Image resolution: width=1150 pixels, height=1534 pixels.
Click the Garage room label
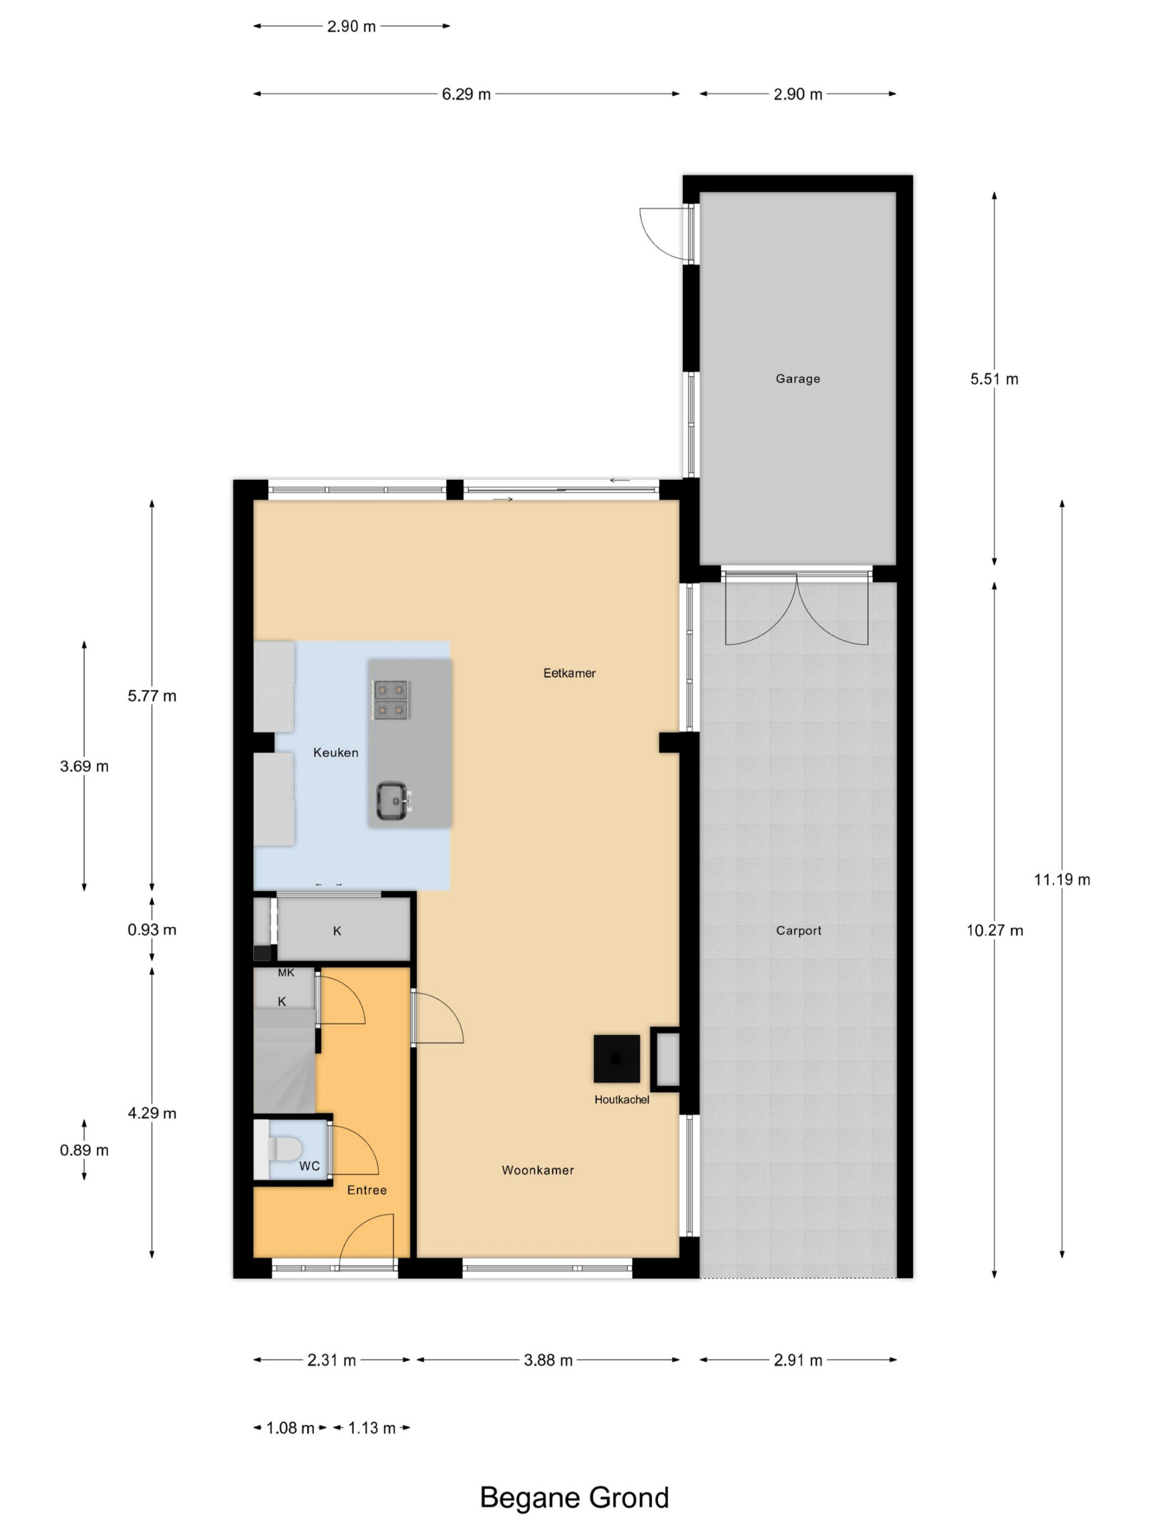[797, 379]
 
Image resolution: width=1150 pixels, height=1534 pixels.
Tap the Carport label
[798, 931]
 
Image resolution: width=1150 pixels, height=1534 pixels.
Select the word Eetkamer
[569, 673]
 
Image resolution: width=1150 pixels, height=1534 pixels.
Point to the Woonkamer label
[538, 1170]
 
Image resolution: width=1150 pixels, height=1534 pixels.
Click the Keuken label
[335, 753]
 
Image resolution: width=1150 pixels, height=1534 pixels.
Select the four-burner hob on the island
[391, 700]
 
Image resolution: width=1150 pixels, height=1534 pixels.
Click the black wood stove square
[616, 1058]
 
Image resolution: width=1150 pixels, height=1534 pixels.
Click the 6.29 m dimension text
[466, 94]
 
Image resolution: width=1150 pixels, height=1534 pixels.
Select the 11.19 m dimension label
[1062, 879]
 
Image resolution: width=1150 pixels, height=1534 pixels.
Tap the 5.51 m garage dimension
[994, 379]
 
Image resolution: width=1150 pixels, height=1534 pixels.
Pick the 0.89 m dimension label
[84, 1150]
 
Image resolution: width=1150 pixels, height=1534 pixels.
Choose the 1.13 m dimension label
[371, 1428]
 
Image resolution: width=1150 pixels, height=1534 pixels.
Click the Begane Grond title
[574, 1498]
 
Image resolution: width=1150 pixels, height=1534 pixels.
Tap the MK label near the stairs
[286, 973]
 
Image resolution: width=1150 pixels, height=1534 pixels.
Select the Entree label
[367, 1190]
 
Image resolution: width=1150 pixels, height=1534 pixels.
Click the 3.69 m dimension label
[84, 766]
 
